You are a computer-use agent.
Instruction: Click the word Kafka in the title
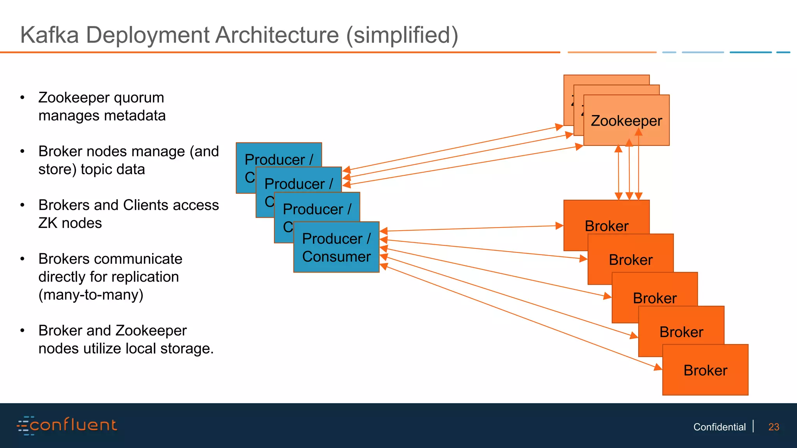pos(49,35)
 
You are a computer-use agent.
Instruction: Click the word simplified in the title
pos(402,35)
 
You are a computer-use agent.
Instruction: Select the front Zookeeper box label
pos(626,121)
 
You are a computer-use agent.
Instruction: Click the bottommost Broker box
pos(705,370)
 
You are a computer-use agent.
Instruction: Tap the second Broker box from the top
pos(630,259)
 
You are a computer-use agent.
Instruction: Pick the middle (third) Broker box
pos(655,298)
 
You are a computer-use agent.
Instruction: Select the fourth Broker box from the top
pos(681,332)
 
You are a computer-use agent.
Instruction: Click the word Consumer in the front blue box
pos(336,257)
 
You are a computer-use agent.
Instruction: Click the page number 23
pos(774,427)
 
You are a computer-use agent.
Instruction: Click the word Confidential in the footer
pos(719,427)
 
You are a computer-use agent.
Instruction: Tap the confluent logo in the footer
pos(67,425)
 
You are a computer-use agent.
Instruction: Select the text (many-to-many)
pos(91,295)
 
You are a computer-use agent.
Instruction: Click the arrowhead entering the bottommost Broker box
pos(658,367)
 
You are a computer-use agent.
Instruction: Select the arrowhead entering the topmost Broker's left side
pos(560,226)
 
